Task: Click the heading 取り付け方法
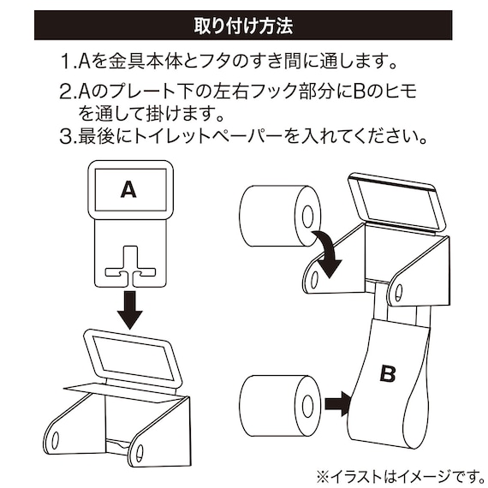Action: [x=244, y=24]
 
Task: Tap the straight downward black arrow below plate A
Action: [x=129, y=309]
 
